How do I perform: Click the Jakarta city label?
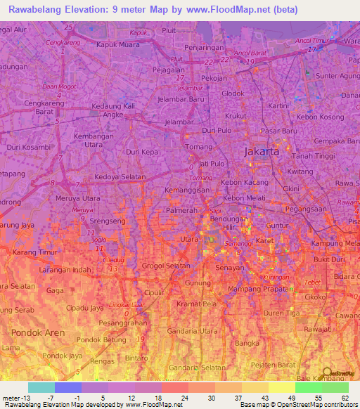click(x=261, y=151)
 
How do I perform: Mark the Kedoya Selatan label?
click(x=120, y=176)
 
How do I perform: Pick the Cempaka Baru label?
click(x=337, y=141)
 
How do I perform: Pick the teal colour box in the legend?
click(x=41, y=387)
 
